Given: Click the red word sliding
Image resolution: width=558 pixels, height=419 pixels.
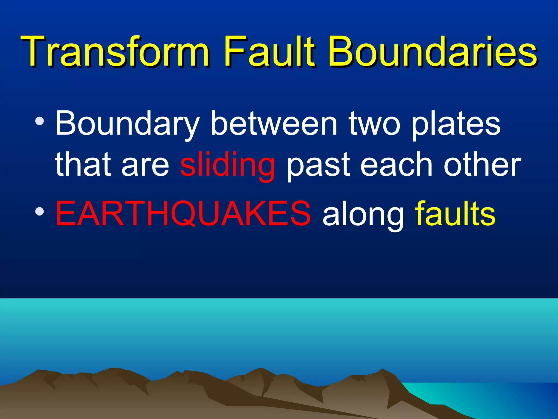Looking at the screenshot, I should [x=228, y=165].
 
